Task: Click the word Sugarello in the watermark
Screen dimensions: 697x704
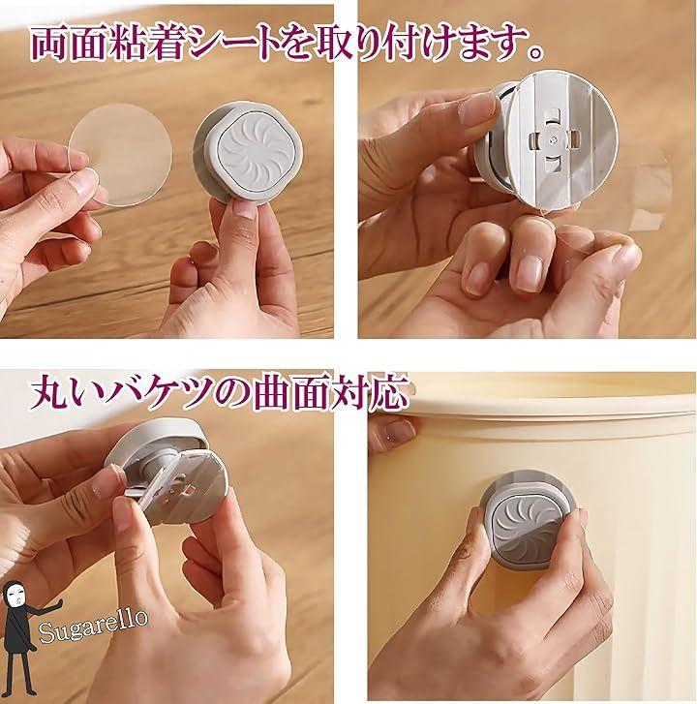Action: [x=93, y=625]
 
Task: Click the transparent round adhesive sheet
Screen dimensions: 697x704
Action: [x=120, y=154]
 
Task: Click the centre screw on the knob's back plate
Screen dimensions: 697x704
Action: [x=552, y=140]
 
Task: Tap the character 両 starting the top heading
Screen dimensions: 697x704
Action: [x=49, y=44]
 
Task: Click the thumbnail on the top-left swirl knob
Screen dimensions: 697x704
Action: [x=246, y=209]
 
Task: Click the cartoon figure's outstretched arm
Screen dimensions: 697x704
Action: [x=42, y=608]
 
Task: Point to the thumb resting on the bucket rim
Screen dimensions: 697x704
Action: [x=395, y=429]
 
